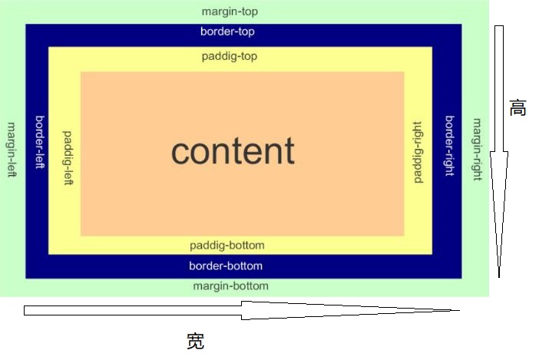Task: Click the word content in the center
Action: coord(233,151)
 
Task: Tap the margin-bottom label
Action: coord(230,286)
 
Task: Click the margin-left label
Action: coord(12,150)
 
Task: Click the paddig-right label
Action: coord(418,152)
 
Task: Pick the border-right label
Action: coord(450,146)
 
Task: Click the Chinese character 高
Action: coord(518,108)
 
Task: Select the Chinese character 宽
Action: coord(195,342)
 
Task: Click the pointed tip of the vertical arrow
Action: coord(500,276)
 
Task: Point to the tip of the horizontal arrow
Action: coord(458,310)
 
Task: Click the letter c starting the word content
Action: coord(181,152)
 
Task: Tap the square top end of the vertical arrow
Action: coord(499,28)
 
